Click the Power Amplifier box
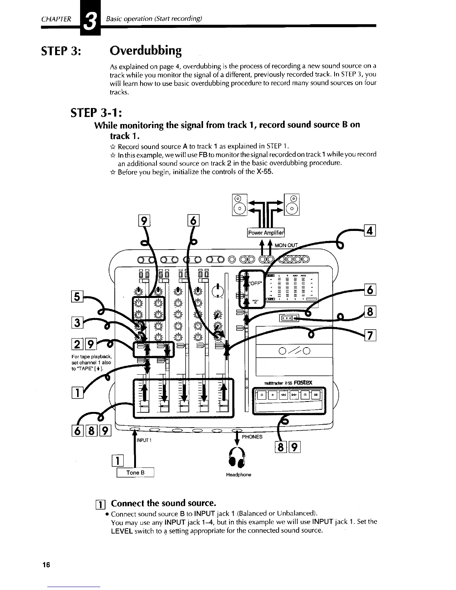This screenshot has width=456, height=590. [266, 233]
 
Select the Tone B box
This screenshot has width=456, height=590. [135, 473]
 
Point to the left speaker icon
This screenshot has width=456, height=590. [239, 204]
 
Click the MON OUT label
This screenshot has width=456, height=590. [286, 245]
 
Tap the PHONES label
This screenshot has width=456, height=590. [252, 437]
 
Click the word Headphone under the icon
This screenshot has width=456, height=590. [238, 475]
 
